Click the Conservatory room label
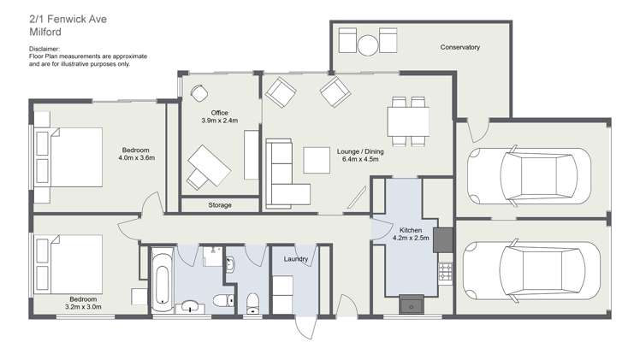[459, 47]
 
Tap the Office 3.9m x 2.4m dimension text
[219, 121]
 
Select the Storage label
[220, 205]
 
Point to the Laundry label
[295, 259]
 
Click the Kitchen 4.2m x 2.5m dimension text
[411, 238]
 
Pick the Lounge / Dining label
[360, 151]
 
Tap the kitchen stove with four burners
[445, 272]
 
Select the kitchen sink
[412, 304]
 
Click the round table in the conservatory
[368, 45]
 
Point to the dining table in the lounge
[408, 121]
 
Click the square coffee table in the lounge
[317, 160]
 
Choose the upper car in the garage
[529, 175]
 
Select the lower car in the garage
[531, 271]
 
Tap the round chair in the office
[199, 93]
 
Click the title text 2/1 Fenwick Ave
[68, 19]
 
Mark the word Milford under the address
[45, 32]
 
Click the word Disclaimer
[44, 49]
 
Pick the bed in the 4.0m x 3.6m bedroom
[68, 157]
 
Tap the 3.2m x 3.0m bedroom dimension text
[83, 307]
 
